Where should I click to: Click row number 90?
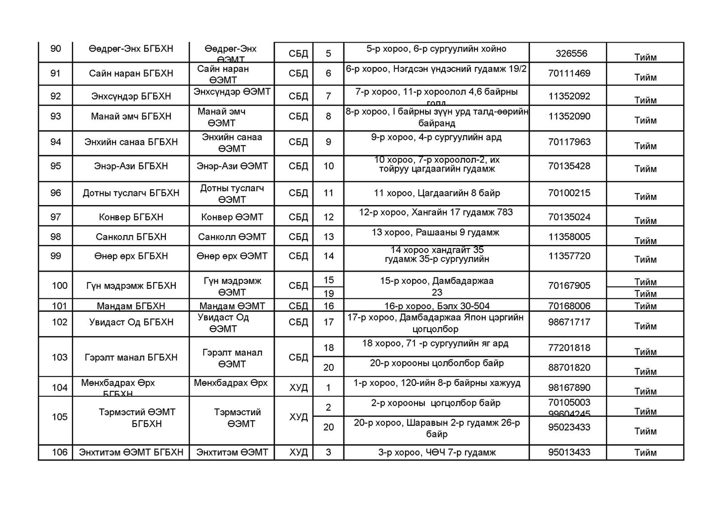(56, 49)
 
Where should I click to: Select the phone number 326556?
(571, 53)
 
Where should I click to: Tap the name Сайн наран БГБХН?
(131, 73)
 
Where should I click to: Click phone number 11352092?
(569, 96)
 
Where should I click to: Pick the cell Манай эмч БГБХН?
(131, 117)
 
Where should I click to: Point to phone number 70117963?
(569, 142)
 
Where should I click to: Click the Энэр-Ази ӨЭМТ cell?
(232, 166)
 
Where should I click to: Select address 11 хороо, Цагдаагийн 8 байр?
(437, 193)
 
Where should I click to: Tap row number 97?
(56, 217)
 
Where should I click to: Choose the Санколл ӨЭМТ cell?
(232, 237)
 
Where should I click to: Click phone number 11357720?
(569, 256)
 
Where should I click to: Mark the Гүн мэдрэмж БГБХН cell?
(131, 286)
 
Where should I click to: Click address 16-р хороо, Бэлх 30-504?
(437, 306)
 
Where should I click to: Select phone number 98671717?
(569, 322)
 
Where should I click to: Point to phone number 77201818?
(569, 348)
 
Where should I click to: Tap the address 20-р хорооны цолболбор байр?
(437, 363)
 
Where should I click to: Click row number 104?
(60, 387)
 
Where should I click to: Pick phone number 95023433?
(569, 427)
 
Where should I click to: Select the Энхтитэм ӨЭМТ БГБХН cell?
(131, 452)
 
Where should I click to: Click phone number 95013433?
(569, 452)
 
